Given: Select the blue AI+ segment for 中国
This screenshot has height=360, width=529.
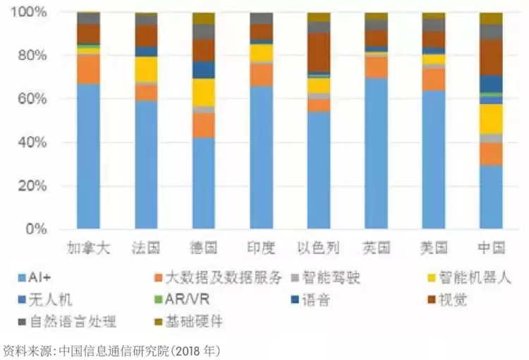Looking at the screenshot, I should point(490,198).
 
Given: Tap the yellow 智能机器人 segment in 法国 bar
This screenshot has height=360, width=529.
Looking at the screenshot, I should point(146,69).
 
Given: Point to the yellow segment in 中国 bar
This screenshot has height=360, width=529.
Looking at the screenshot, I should point(490,119).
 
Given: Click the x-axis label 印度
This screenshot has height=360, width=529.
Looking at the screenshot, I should point(261,248).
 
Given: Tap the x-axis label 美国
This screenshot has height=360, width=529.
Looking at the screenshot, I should point(433,248).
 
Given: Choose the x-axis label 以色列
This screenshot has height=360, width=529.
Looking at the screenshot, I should point(319,248).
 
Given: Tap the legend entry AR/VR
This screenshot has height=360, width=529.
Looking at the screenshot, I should point(186,299).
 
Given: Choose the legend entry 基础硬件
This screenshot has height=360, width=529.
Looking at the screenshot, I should point(194,322).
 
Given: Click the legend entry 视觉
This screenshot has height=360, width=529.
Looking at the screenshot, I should point(452,299).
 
